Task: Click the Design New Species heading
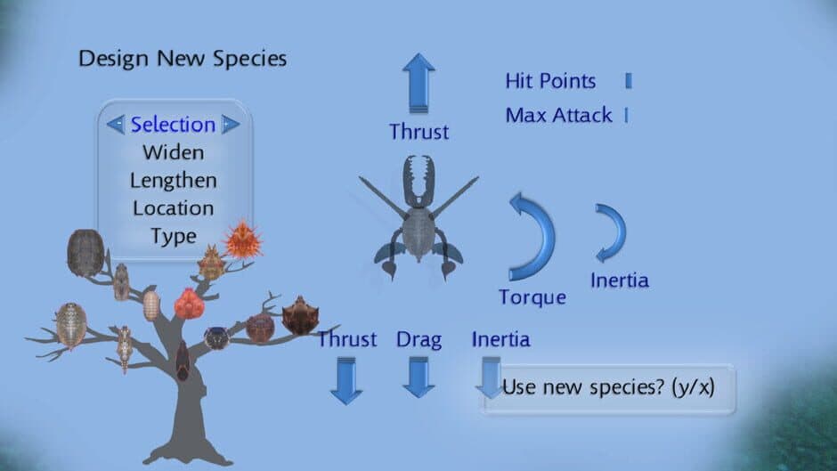(183, 60)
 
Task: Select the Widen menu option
(173, 152)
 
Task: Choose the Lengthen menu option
(173, 180)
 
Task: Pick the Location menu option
(173, 208)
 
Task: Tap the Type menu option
(173, 236)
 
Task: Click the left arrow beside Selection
(116, 125)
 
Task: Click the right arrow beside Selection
(231, 125)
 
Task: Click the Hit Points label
(550, 81)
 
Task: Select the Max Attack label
(558, 115)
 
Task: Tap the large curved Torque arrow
(533, 236)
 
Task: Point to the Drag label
(418, 339)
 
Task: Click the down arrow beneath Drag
(418, 377)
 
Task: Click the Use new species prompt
(608, 388)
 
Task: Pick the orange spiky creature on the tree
(241, 240)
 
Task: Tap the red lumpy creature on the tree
(190, 305)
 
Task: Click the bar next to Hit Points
(629, 81)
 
